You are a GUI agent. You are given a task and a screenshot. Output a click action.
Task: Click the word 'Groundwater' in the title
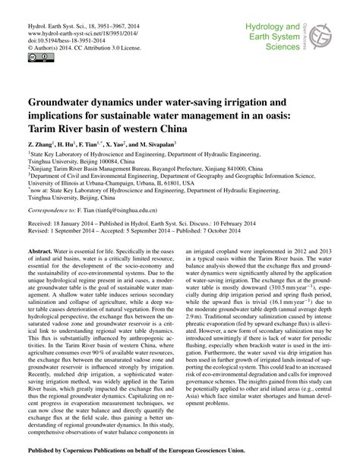[x=64, y=101]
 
